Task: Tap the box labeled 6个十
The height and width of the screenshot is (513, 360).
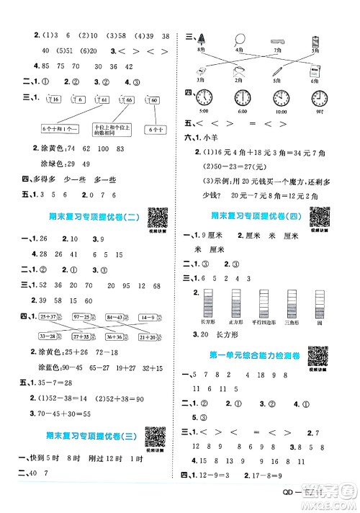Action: pos(155,130)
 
